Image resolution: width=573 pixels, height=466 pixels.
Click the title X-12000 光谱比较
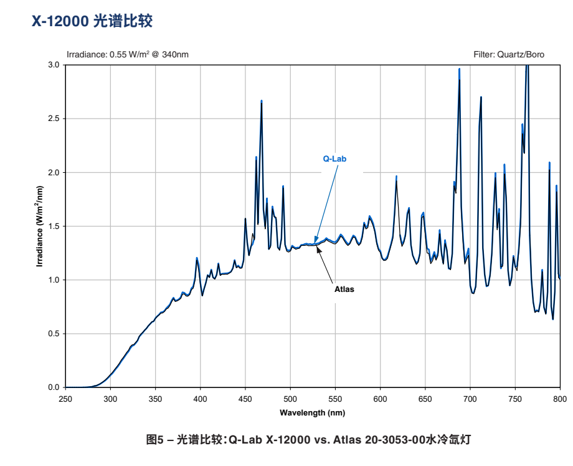point(92,22)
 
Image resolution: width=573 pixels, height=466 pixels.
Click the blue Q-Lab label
point(334,158)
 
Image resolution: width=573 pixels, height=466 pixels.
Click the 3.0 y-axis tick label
point(53,65)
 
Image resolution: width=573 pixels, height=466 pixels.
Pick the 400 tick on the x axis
point(200,398)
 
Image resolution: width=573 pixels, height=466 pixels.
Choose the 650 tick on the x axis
point(425,398)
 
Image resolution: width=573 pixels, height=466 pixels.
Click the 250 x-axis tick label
point(65,398)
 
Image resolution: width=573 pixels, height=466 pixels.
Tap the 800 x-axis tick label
point(560,398)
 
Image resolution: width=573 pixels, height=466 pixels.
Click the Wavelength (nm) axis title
point(312,412)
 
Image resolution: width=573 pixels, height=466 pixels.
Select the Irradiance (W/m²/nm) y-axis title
point(39,226)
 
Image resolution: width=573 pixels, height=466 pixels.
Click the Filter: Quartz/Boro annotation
point(508,54)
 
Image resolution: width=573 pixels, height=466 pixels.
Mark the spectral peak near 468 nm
point(262,101)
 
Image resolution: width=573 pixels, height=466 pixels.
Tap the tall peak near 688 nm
point(460,70)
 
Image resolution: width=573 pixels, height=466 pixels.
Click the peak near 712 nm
point(481,97)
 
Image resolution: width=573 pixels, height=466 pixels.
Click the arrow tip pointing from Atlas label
point(318,248)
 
